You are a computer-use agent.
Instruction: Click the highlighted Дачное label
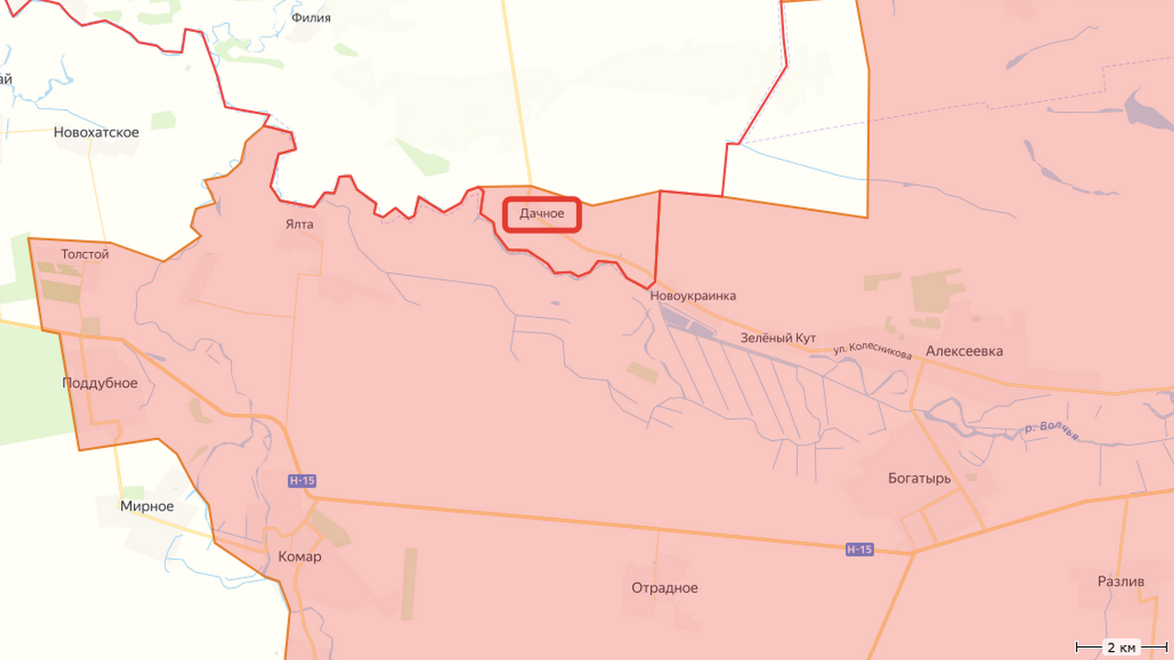[542, 214]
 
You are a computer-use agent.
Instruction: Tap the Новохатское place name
[96, 132]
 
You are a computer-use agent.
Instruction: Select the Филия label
[310, 17]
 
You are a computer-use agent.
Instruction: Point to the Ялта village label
[299, 224]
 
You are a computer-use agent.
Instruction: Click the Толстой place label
[84, 254]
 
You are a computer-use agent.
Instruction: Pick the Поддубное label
[100, 383]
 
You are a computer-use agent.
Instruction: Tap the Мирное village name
[147, 506]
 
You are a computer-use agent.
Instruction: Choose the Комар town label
[299, 556]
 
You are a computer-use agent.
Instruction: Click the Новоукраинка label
[692, 296]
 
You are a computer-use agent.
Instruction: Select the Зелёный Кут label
[778, 338]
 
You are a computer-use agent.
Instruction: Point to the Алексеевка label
[964, 351]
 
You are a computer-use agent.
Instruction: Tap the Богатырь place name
[919, 478]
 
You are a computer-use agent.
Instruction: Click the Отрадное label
[664, 588]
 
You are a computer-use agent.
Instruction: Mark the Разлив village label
[1121, 581]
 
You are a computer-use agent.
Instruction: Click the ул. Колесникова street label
[872, 351]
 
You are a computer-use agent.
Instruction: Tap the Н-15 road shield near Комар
[302, 481]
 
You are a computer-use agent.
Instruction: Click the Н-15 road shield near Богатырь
[859, 549]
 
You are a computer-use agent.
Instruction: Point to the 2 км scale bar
[1120, 647]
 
